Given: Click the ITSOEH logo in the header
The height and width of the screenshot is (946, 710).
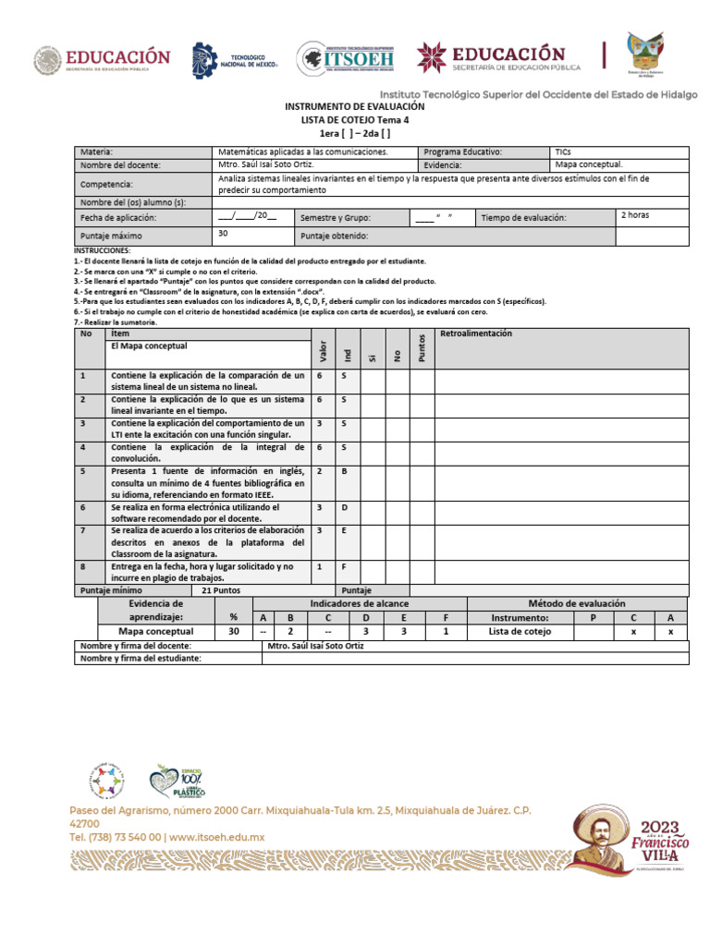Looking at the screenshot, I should [348, 60].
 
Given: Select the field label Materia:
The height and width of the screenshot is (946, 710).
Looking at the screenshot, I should [96, 151].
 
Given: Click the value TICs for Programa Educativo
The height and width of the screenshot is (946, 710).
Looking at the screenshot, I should [564, 151].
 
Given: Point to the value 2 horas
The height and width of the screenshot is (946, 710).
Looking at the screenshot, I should [634, 214].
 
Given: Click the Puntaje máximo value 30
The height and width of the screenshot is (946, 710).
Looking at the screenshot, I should [223, 234].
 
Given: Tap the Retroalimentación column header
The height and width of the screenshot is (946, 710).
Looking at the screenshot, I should [477, 334].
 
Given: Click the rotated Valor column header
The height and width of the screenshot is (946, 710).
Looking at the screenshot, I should [323, 351].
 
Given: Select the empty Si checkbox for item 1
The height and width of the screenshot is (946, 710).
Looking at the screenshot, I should [373, 382].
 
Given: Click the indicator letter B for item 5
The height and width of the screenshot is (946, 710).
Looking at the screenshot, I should [344, 470].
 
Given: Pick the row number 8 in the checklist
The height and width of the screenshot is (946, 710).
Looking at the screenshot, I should [82, 565].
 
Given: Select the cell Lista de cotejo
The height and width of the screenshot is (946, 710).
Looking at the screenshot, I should [520, 631].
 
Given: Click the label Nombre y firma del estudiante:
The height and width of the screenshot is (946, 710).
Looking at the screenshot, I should [141, 659].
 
